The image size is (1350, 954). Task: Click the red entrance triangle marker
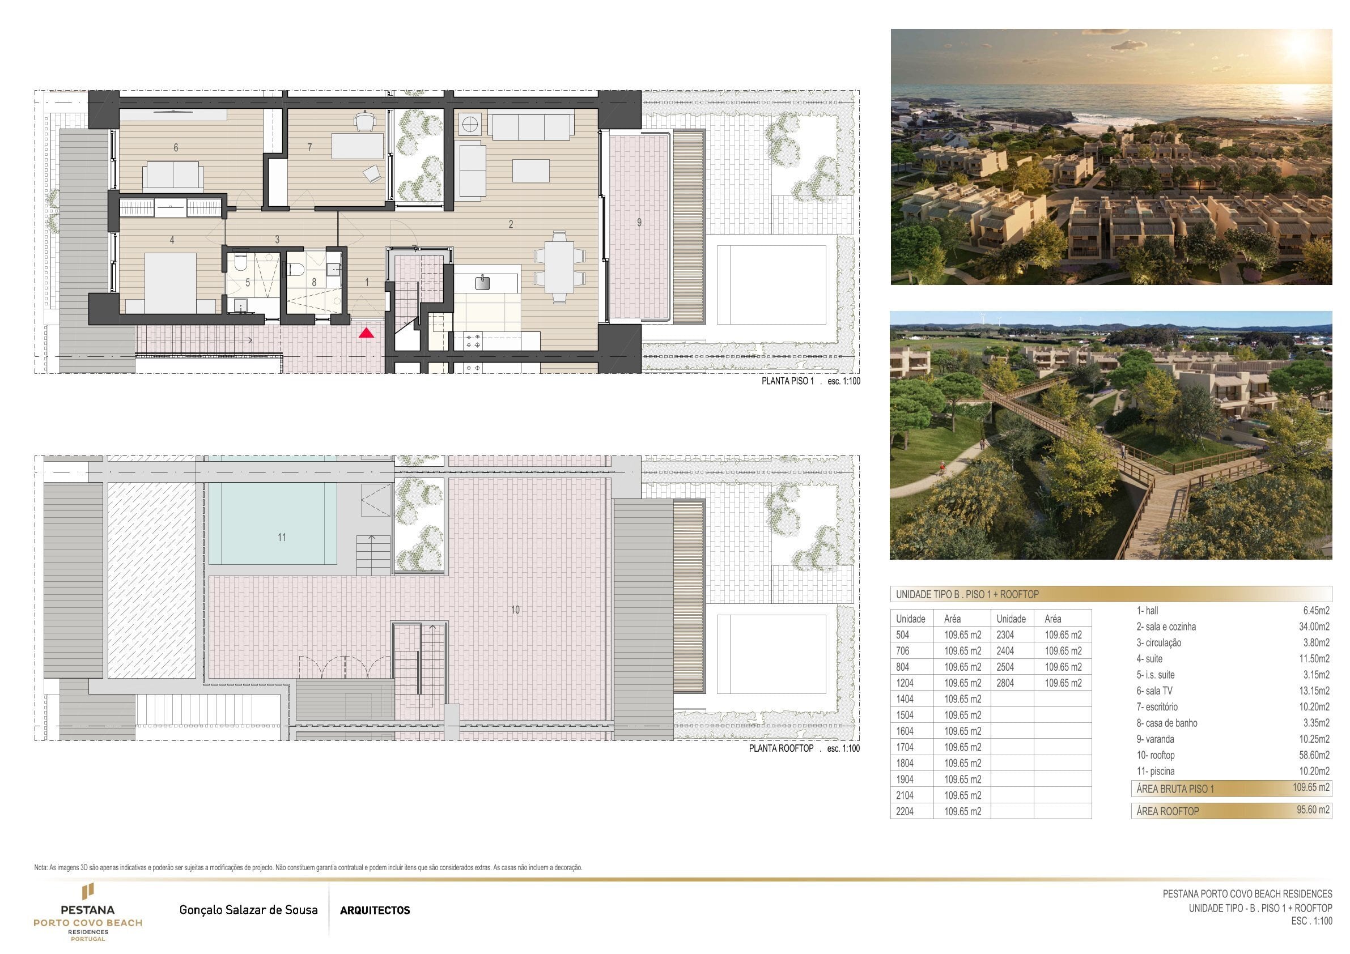(x=366, y=333)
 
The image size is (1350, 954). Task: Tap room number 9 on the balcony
(x=639, y=223)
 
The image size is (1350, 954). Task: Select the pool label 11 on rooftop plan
(x=282, y=537)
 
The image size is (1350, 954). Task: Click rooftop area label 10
(x=515, y=610)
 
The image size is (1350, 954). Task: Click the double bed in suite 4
(x=171, y=283)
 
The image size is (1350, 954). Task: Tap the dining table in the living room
(x=559, y=267)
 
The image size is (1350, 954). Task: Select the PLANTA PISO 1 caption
(x=787, y=381)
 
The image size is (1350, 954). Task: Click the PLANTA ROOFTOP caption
(x=781, y=748)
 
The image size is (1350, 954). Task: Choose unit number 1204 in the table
(x=905, y=683)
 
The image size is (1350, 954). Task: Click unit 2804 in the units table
(x=1005, y=683)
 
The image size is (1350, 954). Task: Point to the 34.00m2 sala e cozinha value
(x=1314, y=627)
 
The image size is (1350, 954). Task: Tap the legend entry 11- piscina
(x=1156, y=771)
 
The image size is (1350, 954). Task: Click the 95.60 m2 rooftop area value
(x=1313, y=810)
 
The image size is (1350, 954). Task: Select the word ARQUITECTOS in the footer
(x=375, y=910)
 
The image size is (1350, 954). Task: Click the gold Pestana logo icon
(x=88, y=891)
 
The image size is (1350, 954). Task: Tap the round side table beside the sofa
(x=470, y=125)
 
